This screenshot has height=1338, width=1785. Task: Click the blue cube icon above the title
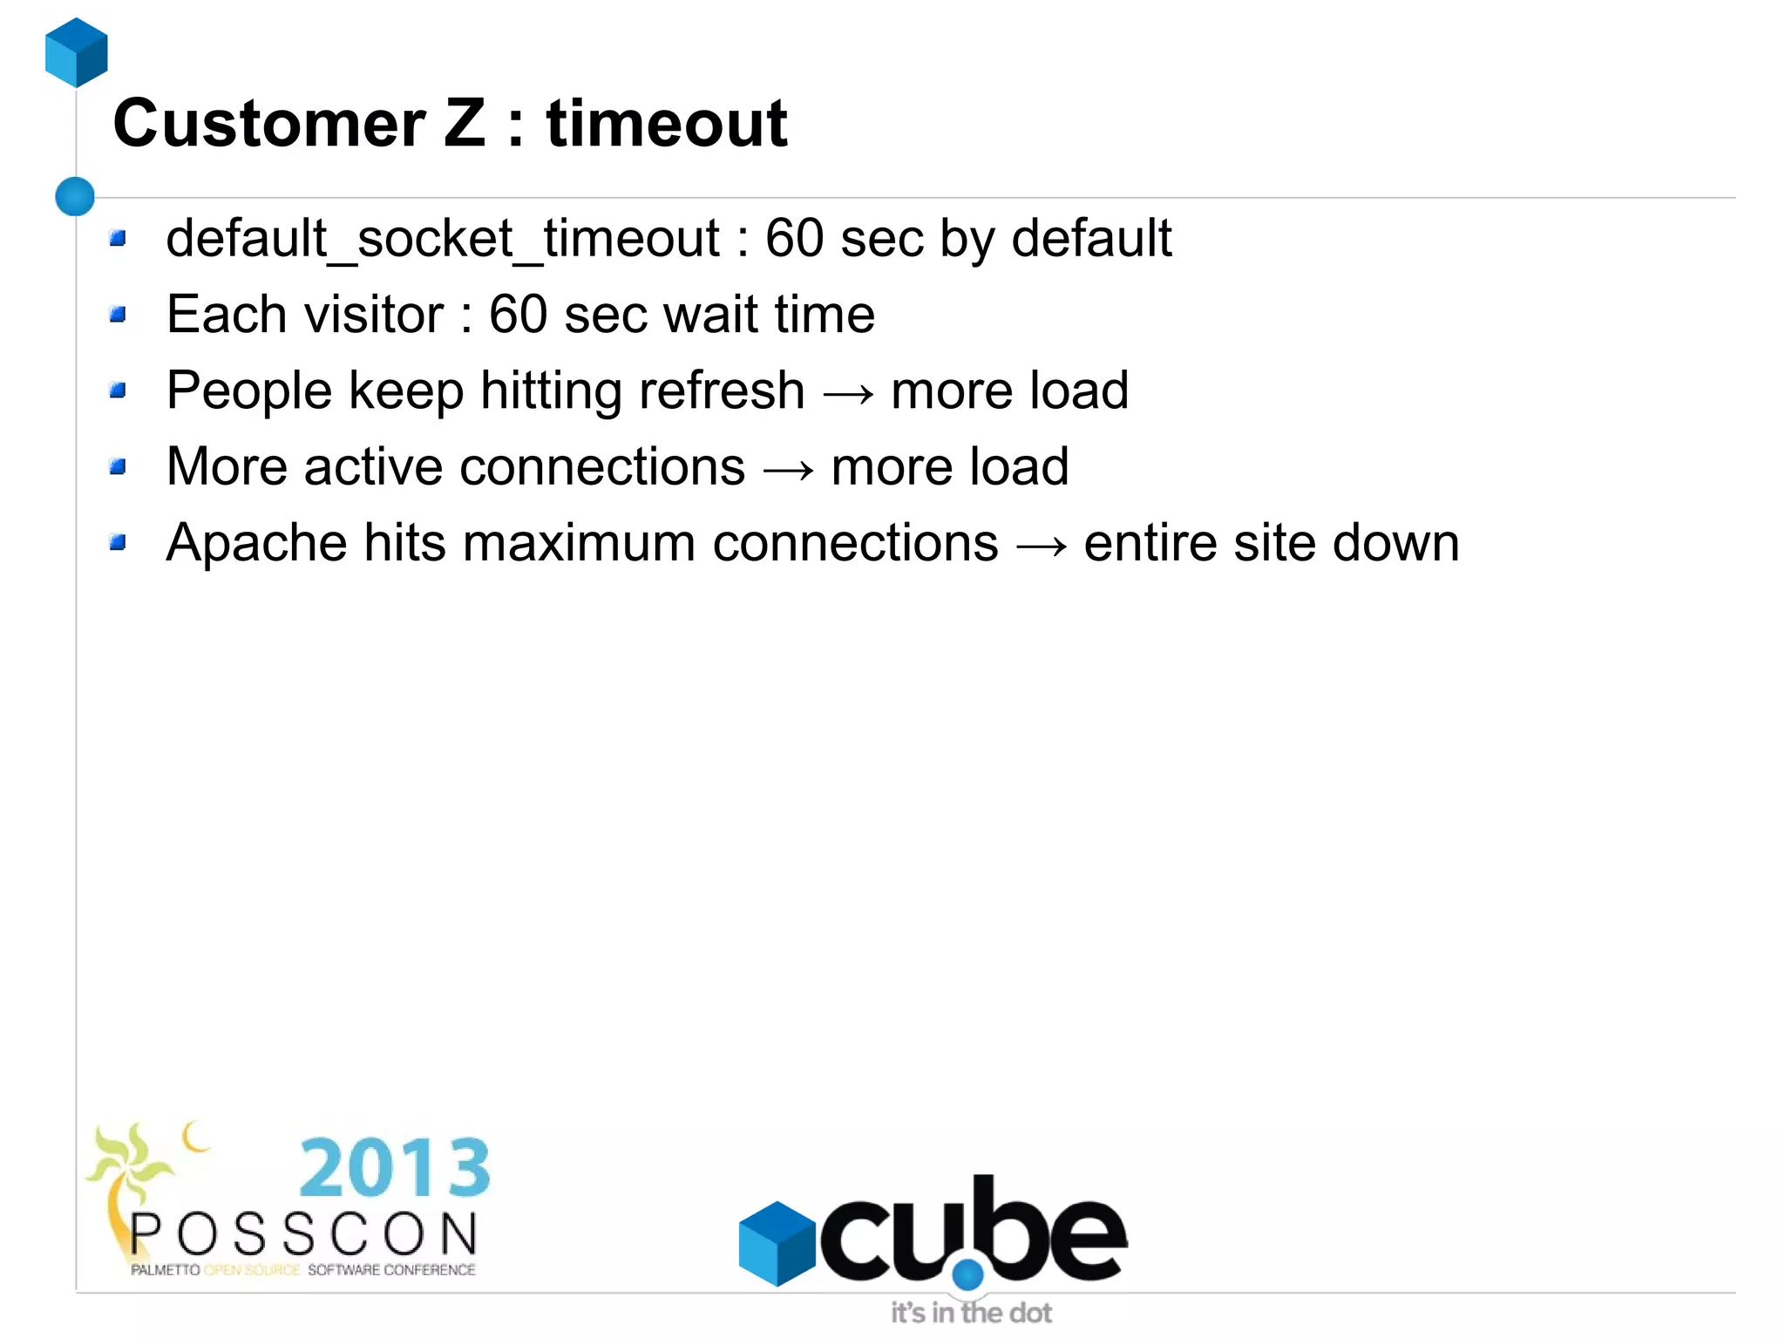point(77,52)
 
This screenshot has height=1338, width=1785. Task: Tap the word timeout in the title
point(667,124)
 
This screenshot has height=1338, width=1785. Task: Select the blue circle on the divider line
point(75,196)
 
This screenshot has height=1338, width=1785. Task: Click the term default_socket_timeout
point(443,238)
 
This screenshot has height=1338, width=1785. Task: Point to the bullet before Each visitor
point(119,314)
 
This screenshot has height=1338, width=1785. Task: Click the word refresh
point(717,391)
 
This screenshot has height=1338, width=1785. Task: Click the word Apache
point(257,544)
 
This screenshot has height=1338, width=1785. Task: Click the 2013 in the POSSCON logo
point(395,1168)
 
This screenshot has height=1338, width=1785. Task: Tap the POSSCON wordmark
point(304,1235)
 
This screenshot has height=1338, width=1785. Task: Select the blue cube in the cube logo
point(777,1243)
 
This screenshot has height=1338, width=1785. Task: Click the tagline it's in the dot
point(971,1313)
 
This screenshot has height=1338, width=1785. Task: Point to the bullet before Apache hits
point(119,544)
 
